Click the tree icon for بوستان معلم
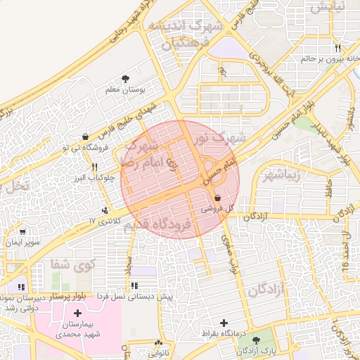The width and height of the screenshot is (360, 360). (126, 79)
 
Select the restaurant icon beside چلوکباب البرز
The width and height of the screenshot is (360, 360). (95, 167)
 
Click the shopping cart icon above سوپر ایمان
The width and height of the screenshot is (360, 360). (23, 232)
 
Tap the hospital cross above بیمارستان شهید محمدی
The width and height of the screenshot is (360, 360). (77, 312)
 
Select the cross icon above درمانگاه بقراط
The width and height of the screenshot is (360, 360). (224, 323)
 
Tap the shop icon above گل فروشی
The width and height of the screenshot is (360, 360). (217, 198)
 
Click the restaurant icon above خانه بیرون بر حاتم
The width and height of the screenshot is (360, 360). (337, 48)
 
